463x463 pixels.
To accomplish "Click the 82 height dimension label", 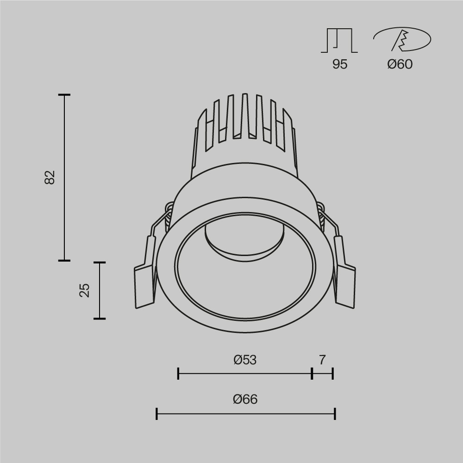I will pos(50,177).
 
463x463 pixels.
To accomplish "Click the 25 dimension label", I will pos(84,290).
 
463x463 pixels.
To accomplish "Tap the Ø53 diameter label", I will pos(245,360).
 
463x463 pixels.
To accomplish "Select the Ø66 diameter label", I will pos(245,399).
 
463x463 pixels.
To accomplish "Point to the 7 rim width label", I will pos(322,360).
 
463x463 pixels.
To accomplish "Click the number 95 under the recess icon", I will pos(339,64).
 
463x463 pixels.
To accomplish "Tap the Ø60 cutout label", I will pos(400,64).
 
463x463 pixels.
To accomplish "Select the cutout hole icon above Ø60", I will pos(402,39).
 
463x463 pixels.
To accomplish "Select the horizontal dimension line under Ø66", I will pos(245,413).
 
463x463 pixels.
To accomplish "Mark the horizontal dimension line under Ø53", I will pos(245,373).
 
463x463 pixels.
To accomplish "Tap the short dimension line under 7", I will pos(322,373).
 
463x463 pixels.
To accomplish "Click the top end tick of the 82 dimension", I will pos(64,95).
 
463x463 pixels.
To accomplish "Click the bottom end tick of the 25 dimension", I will pos(100,319).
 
